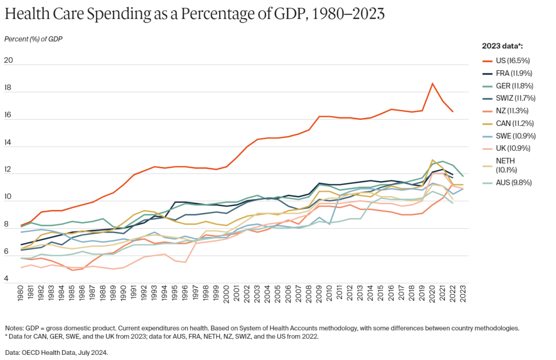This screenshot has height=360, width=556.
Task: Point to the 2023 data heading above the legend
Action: [x=502, y=46]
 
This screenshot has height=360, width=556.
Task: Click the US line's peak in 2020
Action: [x=432, y=83]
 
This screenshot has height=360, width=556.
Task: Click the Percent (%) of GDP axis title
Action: [x=33, y=39]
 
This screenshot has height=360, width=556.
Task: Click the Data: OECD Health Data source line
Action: [x=57, y=353]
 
